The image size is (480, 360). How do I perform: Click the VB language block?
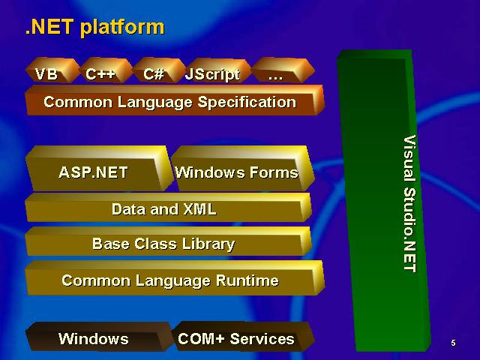[x=52, y=70]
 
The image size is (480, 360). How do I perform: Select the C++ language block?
[x=106, y=70]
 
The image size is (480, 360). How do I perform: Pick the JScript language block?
[x=217, y=71]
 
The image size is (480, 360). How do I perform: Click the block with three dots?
[x=283, y=70]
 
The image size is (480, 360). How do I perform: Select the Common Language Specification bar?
[x=175, y=100]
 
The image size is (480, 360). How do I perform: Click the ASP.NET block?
[x=98, y=169]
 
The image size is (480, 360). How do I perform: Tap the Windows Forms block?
[x=242, y=169]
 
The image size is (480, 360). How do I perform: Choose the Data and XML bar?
[x=168, y=208]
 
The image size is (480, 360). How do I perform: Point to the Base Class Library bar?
[x=168, y=241]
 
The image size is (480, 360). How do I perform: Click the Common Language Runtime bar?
[x=175, y=278]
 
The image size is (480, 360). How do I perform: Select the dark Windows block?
[x=98, y=337]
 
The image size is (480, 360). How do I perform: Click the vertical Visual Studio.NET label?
[x=410, y=203]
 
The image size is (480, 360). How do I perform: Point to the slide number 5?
[x=453, y=343]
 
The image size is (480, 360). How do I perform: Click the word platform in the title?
[x=122, y=28]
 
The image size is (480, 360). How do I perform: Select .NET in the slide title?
[x=49, y=27]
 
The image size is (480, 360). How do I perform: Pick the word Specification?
[x=247, y=102]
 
